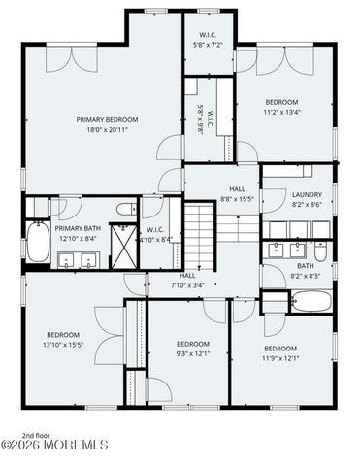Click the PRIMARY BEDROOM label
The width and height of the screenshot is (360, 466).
108,119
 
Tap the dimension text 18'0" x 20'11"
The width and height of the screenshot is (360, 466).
108,129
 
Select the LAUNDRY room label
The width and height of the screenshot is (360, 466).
307,195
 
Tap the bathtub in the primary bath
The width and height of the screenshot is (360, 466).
38,243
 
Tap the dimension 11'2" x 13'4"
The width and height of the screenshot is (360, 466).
282,111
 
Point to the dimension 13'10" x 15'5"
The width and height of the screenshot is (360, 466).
63,344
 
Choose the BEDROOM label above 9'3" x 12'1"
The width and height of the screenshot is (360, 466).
192,343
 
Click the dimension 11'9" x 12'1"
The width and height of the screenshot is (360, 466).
279,357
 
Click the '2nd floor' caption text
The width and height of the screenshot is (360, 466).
35,435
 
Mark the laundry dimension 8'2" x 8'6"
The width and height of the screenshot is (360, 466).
307,204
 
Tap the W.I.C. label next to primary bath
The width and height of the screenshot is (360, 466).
155,230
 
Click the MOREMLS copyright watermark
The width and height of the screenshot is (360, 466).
55,447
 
